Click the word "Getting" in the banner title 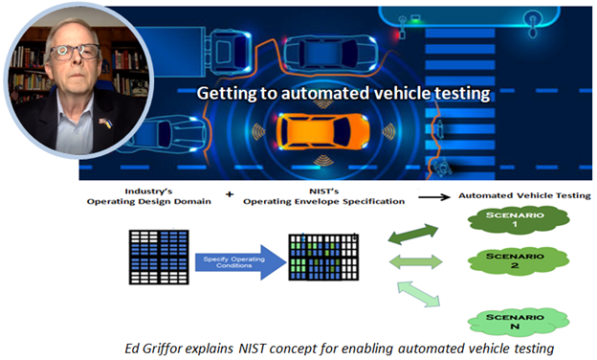click(x=225, y=94)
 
